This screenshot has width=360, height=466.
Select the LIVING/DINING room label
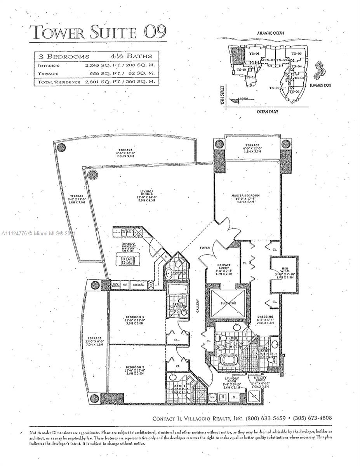(146, 191)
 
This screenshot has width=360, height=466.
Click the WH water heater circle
(212, 397)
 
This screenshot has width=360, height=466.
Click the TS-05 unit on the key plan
(297, 54)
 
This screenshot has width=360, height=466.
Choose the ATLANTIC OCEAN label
(270, 33)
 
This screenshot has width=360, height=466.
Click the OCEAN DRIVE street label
(267, 112)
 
